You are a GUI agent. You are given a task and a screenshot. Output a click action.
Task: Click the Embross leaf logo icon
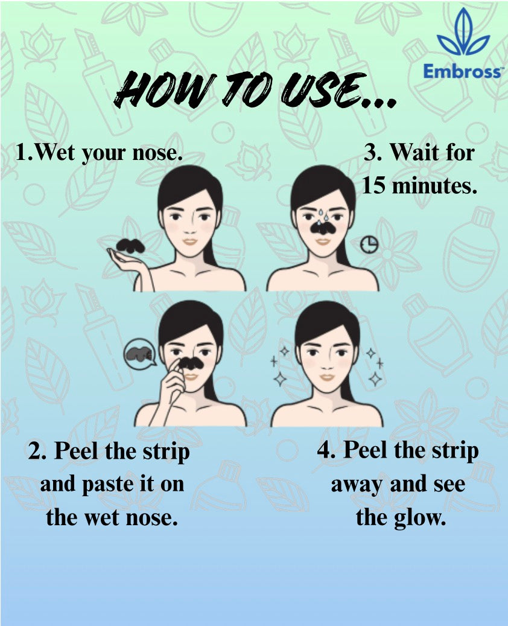click(x=463, y=34)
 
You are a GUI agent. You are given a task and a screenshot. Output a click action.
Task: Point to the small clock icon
click(x=369, y=244)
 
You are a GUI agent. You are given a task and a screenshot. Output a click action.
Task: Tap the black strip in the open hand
click(x=130, y=245)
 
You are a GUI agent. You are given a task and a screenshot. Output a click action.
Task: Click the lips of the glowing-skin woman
click(x=327, y=377)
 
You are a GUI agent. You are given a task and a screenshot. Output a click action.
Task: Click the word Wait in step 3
click(x=413, y=152)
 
